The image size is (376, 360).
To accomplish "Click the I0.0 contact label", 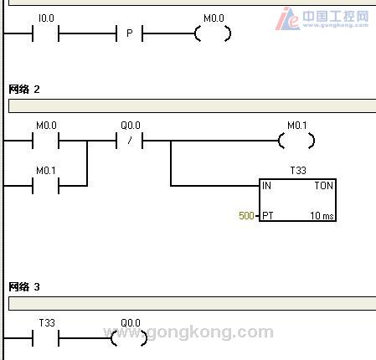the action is (x=46, y=18).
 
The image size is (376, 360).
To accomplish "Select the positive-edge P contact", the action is (x=129, y=33).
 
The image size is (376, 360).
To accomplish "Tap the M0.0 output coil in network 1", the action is (x=213, y=33).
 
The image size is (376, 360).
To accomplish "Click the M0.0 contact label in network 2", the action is (x=46, y=126).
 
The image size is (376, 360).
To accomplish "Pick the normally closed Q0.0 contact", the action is (x=129, y=141).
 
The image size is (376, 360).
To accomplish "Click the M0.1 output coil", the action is (x=296, y=141).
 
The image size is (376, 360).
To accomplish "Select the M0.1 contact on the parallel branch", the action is (x=45, y=186).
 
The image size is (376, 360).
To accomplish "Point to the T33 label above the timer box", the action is (x=298, y=170).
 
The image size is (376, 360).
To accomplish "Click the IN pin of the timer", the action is (x=266, y=186).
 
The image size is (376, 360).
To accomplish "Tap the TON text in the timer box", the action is (x=324, y=186).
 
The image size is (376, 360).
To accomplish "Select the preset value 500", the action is (x=246, y=215).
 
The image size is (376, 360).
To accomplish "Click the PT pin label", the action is (x=268, y=215).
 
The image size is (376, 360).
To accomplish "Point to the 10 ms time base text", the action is (x=322, y=215).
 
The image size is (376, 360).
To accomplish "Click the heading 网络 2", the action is (x=24, y=90).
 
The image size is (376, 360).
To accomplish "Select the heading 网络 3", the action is (x=24, y=286).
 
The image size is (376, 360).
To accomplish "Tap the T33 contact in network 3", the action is (x=45, y=338).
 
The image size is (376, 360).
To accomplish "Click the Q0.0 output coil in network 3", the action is (x=129, y=338).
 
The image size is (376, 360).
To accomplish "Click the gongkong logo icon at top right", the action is (x=287, y=19).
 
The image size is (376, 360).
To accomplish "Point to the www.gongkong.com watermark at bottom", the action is (x=188, y=332).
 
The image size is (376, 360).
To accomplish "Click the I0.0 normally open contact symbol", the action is (x=45, y=33).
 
